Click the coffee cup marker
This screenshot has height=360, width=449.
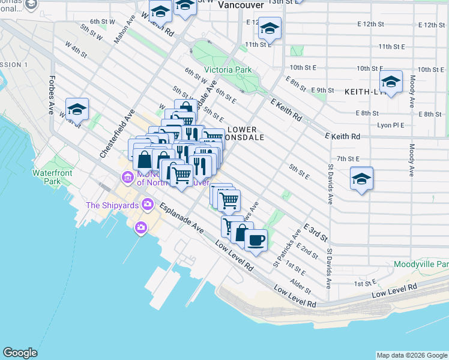click(x=256, y=240)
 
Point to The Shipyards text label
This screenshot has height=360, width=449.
click(x=112, y=205)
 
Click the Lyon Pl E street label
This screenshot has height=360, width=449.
click(x=390, y=125)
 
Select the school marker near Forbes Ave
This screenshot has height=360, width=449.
click(x=77, y=109)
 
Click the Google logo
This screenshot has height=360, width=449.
click(x=20, y=353)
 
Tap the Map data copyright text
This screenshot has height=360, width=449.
click(x=411, y=355)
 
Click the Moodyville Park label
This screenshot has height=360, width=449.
click(x=421, y=264)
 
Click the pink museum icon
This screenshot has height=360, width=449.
click(x=127, y=177)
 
